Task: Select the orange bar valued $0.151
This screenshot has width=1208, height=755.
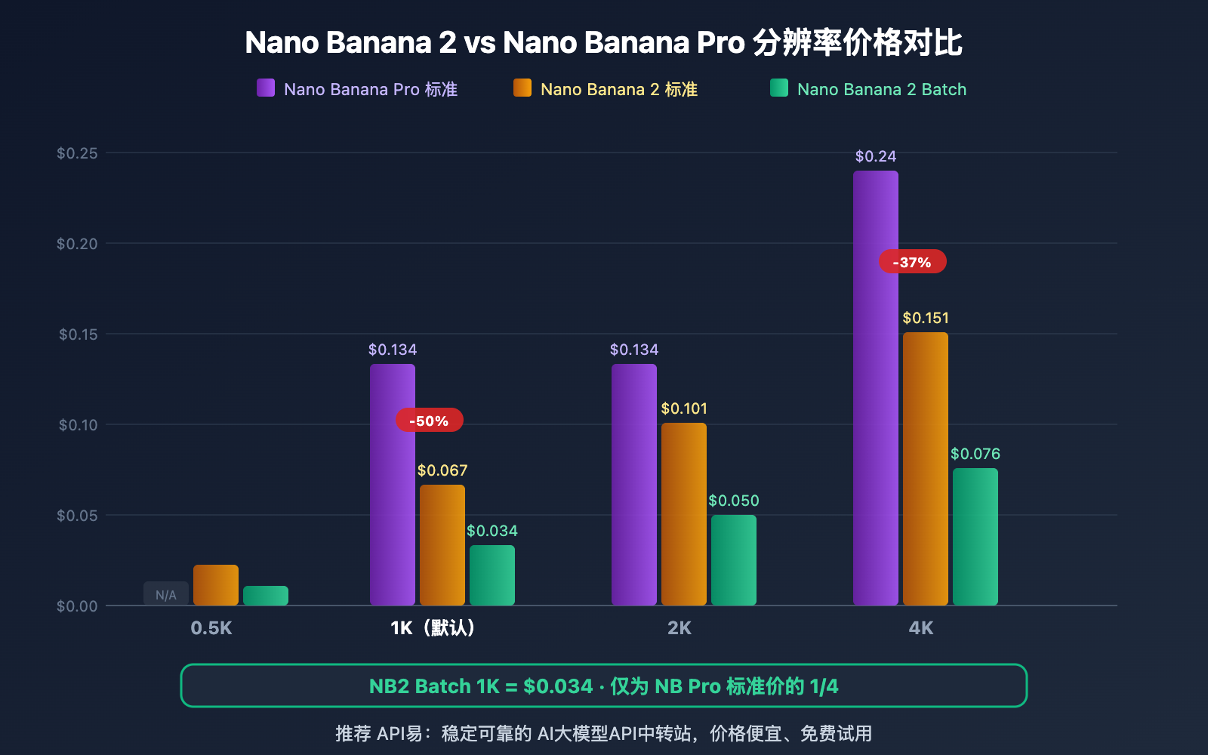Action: point(925,468)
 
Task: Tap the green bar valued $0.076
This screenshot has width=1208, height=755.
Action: point(975,536)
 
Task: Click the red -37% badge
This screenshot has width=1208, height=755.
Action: point(912,262)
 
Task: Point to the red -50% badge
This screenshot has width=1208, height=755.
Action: point(429,421)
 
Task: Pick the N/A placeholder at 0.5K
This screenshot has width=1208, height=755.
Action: point(166,594)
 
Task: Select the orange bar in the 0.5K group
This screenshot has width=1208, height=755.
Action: point(215,585)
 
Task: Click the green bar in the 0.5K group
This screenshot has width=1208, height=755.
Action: point(265,596)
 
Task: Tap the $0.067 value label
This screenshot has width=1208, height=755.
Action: point(442,470)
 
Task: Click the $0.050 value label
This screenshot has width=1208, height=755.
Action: point(733,501)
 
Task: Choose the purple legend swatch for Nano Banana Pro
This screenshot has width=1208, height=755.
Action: point(266,88)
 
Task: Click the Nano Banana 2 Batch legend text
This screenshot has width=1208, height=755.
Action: point(881,89)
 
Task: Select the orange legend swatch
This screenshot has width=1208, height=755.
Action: point(522,88)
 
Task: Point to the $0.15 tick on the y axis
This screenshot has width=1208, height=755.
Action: point(79,334)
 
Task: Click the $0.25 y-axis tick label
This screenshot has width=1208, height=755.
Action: point(77,153)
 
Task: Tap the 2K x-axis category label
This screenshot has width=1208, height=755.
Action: point(679,627)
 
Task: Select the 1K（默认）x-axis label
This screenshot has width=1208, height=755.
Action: point(433,627)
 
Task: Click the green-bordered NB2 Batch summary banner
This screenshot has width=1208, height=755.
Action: point(603,686)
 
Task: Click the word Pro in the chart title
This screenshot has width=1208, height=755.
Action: point(720,42)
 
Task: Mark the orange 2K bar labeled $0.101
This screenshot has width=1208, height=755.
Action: point(683,513)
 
